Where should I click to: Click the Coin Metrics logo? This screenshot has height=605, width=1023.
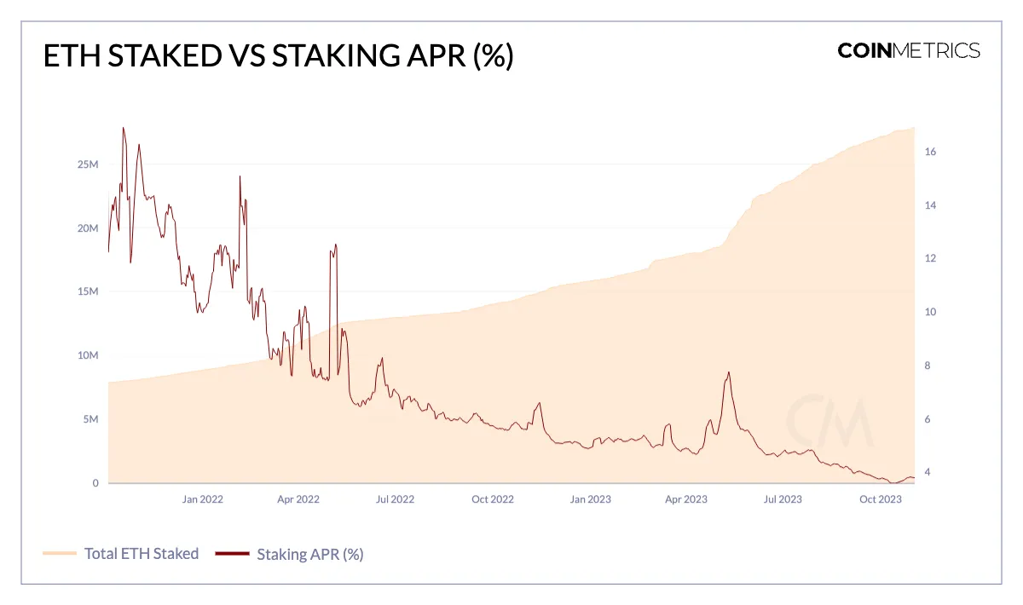click(x=909, y=50)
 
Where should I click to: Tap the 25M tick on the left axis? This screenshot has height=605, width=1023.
click(x=89, y=164)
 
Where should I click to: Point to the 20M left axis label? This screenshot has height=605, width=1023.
click(x=89, y=228)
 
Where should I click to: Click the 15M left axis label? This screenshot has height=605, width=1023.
click(x=89, y=291)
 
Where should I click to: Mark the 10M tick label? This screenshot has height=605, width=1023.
click(x=89, y=355)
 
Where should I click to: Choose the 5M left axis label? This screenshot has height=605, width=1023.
click(x=91, y=419)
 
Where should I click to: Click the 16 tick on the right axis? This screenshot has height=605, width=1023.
click(x=930, y=152)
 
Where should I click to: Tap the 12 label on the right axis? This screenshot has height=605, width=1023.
click(x=930, y=258)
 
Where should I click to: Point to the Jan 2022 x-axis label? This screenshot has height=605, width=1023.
click(x=202, y=499)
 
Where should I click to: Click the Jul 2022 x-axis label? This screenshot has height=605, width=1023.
click(x=395, y=499)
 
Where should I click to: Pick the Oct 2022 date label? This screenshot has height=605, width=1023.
click(x=492, y=499)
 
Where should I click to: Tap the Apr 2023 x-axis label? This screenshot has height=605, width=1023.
click(x=685, y=499)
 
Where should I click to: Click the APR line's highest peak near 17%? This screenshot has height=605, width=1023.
click(x=124, y=128)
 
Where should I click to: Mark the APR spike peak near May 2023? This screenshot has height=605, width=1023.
click(x=728, y=372)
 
